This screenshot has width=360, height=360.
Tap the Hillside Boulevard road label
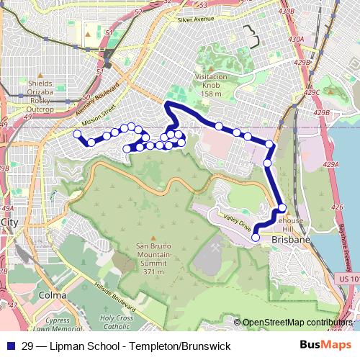[x=120, y=289]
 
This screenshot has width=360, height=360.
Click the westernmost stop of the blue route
[x=77, y=133]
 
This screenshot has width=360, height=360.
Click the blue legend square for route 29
[x=11, y=346]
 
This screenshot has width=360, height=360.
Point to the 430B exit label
[x=286, y=31]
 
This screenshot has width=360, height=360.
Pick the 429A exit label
[x=331, y=165]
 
